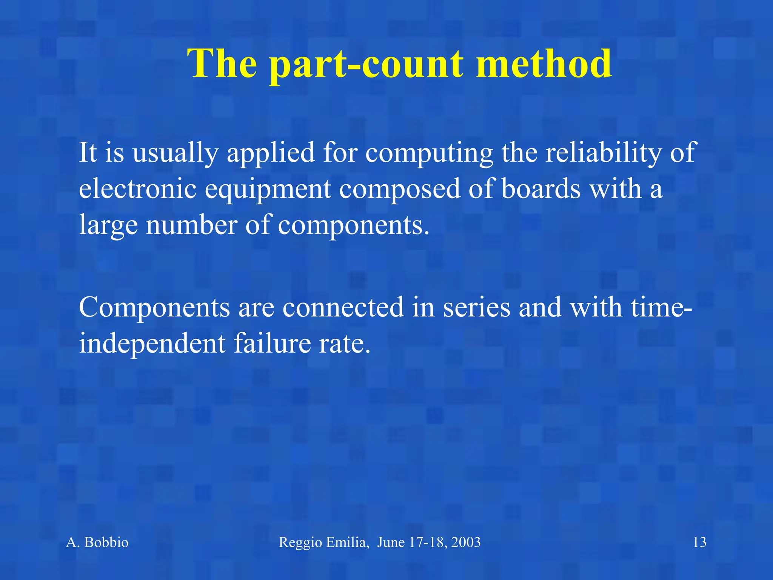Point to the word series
click(476, 307)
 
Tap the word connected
click(343, 307)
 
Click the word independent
click(152, 344)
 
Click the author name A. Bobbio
click(97, 542)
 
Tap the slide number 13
click(699, 542)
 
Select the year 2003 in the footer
click(466, 542)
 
